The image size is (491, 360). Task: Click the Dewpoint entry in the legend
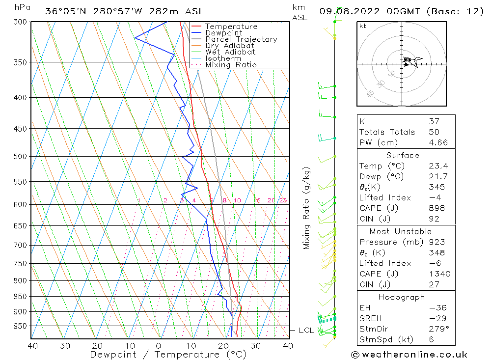tap(223, 33)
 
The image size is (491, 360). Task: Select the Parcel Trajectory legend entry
tap(241, 39)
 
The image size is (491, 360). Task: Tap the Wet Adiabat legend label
tap(230, 52)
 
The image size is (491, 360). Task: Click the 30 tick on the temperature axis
tap(255, 346)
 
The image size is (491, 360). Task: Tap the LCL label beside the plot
tap(306, 331)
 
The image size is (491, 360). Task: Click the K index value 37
tap(434, 121)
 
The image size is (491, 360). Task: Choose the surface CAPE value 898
tap(436, 208)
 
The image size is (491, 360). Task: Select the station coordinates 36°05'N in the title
tap(62, 11)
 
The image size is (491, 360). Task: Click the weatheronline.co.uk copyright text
tap(409, 354)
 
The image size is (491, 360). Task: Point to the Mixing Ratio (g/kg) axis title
tap(307, 208)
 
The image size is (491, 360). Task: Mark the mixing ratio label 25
tap(283, 200)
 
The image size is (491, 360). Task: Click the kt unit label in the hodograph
tap(363, 26)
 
